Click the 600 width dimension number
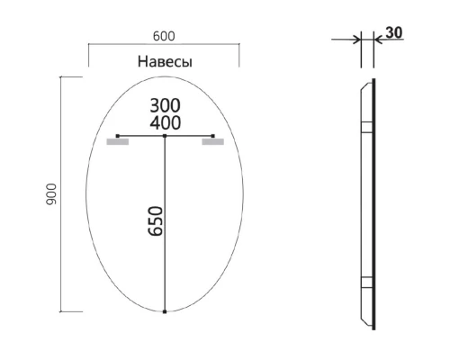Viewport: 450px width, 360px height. click(x=163, y=36)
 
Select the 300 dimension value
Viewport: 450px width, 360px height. click(x=165, y=105)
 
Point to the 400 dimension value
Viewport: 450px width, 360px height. click(x=165, y=122)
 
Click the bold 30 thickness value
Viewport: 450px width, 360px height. click(x=393, y=32)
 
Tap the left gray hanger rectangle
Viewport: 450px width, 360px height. click(x=117, y=141)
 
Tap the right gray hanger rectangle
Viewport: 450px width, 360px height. click(x=212, y=141)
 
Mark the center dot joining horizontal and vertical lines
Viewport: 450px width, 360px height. click(x=165, y=136)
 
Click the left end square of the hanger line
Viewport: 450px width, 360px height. click(x=118, y=136)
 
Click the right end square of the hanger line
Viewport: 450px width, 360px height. click(x=212, y=136)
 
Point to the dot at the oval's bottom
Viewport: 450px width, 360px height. click(x=165, y=311)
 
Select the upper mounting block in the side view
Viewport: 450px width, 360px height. click(x=364, y=127)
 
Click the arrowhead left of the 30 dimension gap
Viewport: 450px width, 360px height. click(x=357, y=40)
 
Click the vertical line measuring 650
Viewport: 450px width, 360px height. click(x=165, y=225)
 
